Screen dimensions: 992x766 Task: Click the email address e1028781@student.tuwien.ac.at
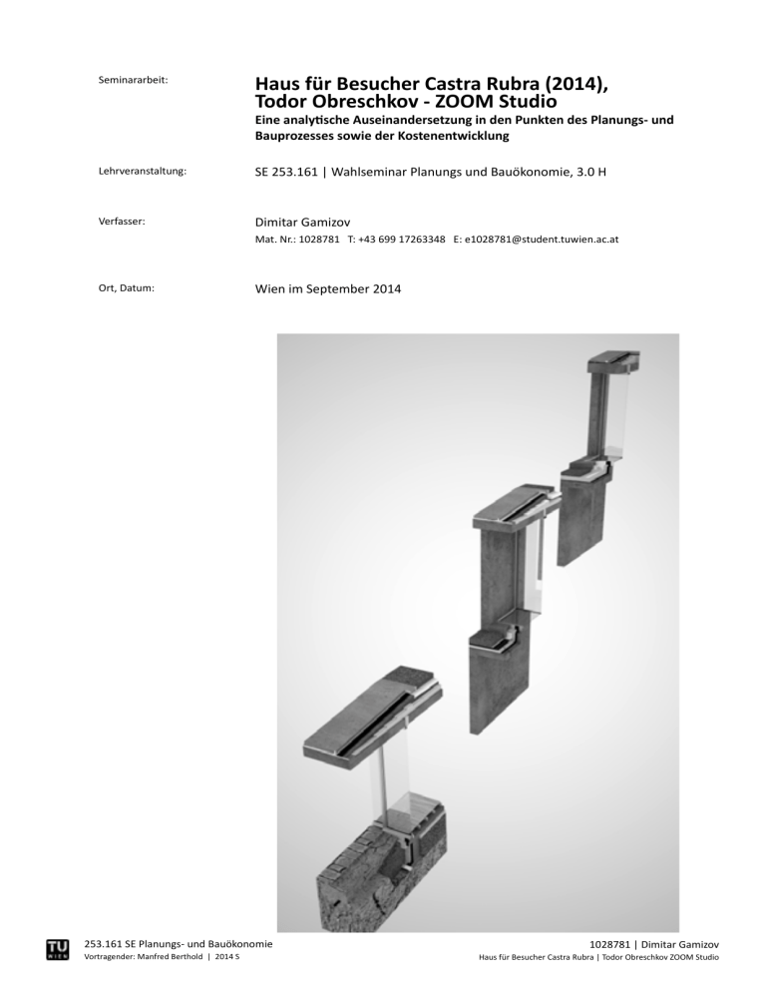(x=535, y=241)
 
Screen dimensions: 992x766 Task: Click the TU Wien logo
(x=58, y=949)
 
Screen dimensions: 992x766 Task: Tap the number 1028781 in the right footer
(x=613, y=943)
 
